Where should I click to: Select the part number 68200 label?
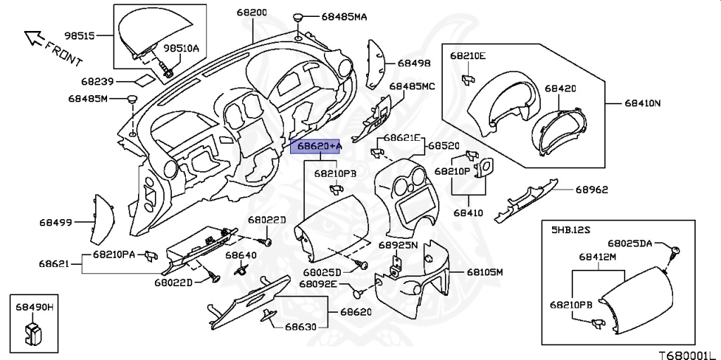[x=251, y=13]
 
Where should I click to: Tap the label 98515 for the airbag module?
[x=80, y=35]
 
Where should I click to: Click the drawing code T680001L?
[x=686, y=351]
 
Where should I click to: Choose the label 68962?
[x=591, y=190]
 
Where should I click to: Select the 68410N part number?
[x=642, y=103]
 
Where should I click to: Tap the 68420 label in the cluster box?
[x=560, y=89]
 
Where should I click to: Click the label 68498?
[x=413, y=63]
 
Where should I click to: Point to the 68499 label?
[x=56, y=223]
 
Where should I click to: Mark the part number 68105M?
[x=485, y=271]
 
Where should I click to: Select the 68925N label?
[x=398, y=245]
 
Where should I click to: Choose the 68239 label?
[x=96, y=82]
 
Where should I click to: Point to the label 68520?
[x=445, y=147]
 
